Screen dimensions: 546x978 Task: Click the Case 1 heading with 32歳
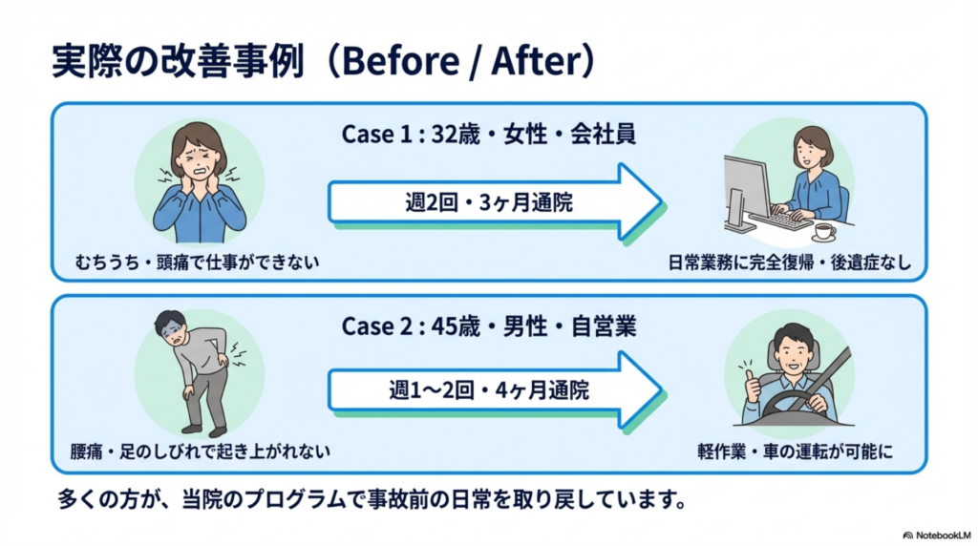click(x=488, y=135)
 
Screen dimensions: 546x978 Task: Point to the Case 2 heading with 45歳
click(x=488, y=326)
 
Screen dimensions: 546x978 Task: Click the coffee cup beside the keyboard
click(x=823, y=231)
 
